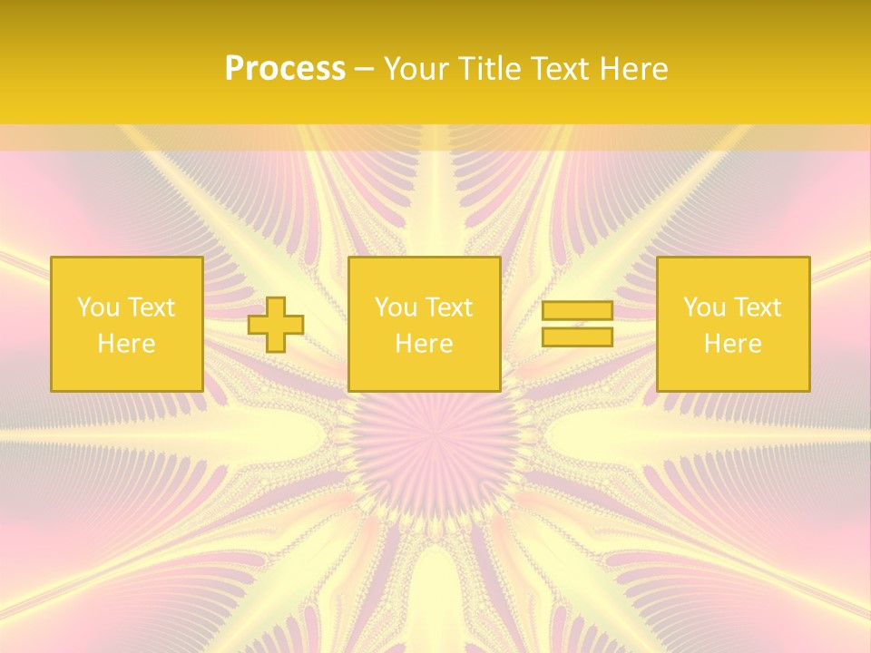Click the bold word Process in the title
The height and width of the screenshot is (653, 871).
[285, 69]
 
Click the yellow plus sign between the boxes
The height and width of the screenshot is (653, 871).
[276, 324]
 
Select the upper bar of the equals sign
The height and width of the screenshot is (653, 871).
[577, 310]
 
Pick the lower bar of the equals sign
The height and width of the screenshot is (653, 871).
[577, 336]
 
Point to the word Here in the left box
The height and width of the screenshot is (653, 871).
[126, 344]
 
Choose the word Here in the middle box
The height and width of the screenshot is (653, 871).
[424, 344]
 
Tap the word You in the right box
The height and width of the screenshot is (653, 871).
[704, 307]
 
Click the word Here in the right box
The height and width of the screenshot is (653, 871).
[732, 344]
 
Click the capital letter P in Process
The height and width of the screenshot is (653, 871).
[234, 69]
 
